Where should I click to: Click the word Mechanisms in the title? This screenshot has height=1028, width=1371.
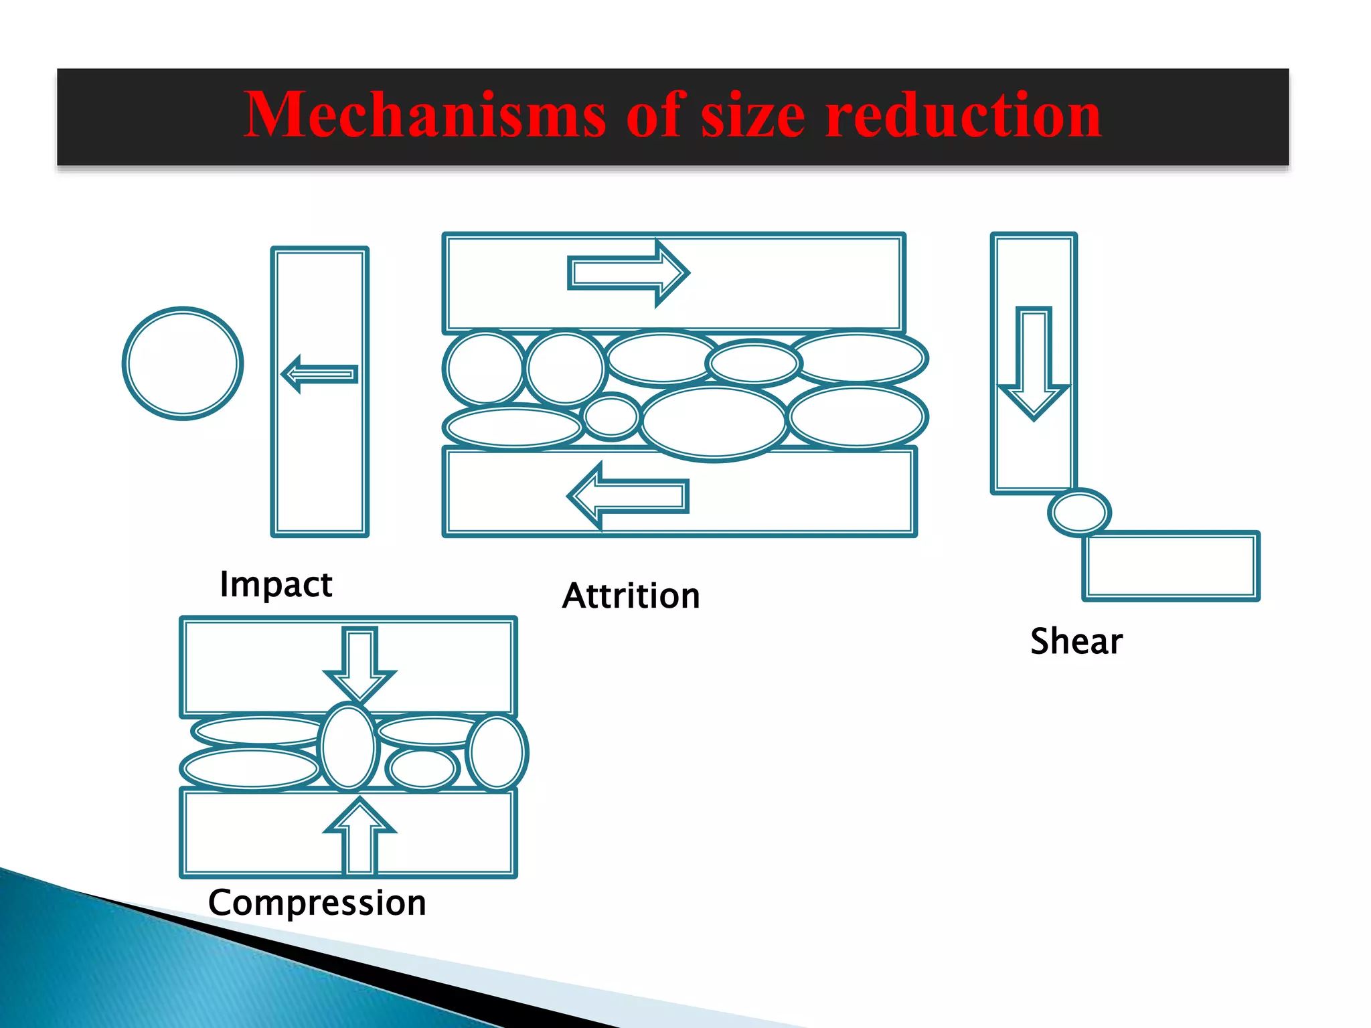tap(424, 115)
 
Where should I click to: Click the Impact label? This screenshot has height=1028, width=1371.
tap(276, 584)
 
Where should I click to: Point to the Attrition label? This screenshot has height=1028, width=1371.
tap(631, 596)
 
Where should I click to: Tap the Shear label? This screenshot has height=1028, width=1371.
tap(1076, 641)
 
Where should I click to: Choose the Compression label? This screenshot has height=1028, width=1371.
tap(317, 902)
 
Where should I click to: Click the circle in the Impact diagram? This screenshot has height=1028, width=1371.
tap(183, 363)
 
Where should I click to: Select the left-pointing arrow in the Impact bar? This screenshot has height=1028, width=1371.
tap(319, 373)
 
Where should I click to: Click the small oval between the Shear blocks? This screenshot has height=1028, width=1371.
tap(1079, 513)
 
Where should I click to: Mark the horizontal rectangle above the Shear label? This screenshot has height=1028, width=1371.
tap(1170, 566)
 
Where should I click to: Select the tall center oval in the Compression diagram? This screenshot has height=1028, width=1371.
tap(348, 746)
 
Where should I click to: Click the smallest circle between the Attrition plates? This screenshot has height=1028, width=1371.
tap(611, 417)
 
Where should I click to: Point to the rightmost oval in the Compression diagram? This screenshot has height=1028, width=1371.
tap(497, 752)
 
